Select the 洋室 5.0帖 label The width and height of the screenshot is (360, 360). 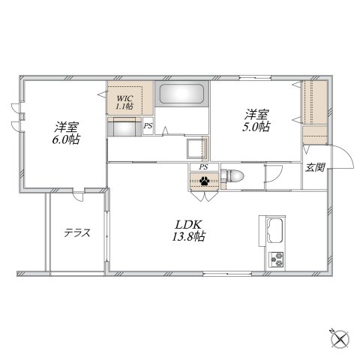pyautogui.click(x=256, y=121)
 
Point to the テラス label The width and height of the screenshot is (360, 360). pyautogui.click(x=76, y=232)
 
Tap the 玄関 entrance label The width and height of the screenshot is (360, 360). pyautogui.click(x=313, y=167)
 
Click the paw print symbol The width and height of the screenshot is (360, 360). pyautogui.click(x=204, y=180)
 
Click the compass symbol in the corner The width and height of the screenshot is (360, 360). pyautogui.click(x=339, y=339)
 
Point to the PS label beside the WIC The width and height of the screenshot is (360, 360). pyautogui.click(x=148, y=127)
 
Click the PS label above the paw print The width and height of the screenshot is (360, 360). pyautogui.click(x=203, y=166)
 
